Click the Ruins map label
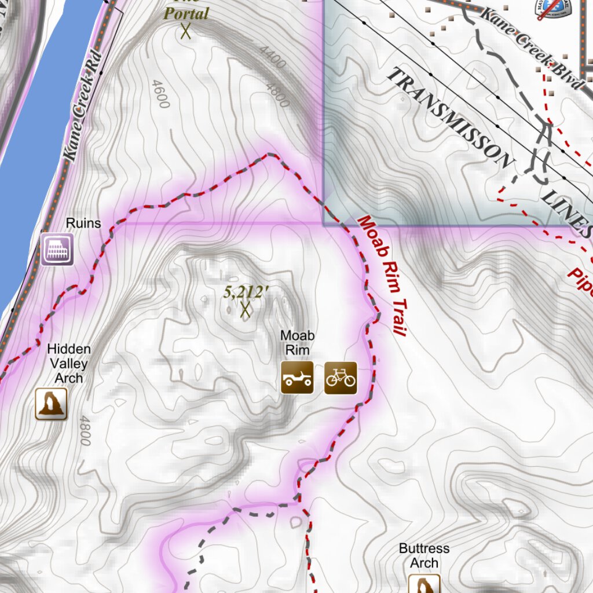[83, 223]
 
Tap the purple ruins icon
[57, 250]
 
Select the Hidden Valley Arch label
[69, 364]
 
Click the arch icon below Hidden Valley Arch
[52, 404]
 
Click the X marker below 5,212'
[245, 311]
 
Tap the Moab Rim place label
[297, 342]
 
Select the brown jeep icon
[297, 378]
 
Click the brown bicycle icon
[341, 378]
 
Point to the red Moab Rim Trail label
[381, 275]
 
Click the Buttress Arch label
[424, 555]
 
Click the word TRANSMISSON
[449, 116]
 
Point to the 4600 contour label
[160, 94]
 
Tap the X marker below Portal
[185, 31]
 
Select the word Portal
[186, 13]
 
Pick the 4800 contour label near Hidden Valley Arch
[85, 430]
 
